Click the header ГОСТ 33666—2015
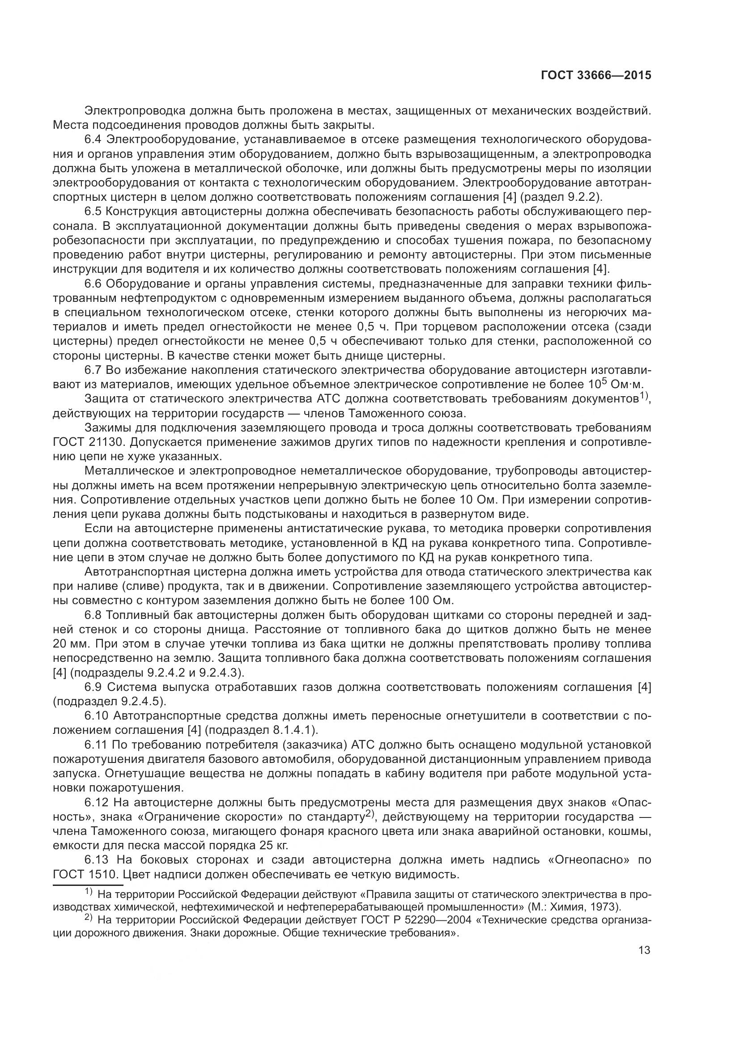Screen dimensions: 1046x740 pyautogui.click(x=596, y=76)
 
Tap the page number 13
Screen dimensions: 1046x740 pyautogui.click(x=644, y=950)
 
